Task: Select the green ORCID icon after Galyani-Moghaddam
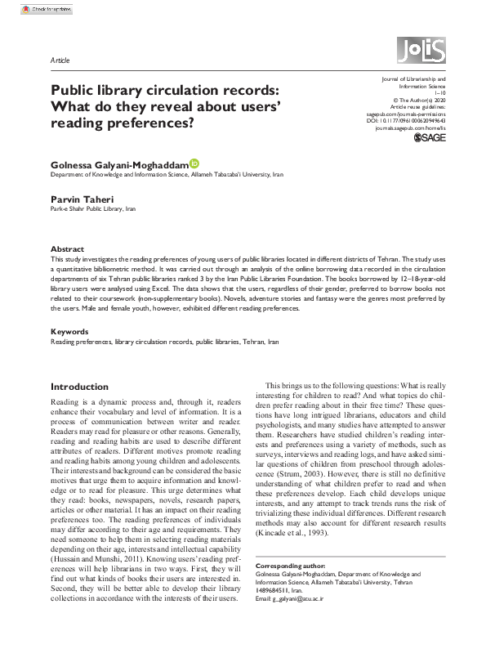tap(194, 163)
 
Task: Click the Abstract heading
tap(67, 248)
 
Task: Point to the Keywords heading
tap(69, 331)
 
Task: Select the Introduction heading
tap(79, 387)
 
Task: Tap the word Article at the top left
tap(60, 60)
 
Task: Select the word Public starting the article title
tap(75, 92)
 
